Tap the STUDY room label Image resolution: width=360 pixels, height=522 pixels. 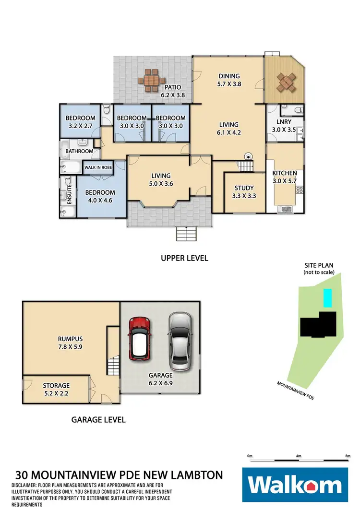(x=244, y=188)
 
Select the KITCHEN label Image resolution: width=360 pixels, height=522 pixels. (x=285, y=173)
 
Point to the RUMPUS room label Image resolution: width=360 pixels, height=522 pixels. (x=71, y=337)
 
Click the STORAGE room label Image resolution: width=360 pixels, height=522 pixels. (x=56, y=385)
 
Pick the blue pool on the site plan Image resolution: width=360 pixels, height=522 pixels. (x=327, y=298)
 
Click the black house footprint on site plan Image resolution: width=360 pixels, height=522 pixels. (x=319, y=324)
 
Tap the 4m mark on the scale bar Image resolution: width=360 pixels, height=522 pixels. (x=299, y=455)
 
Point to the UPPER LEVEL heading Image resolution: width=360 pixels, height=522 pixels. (x=184, y=258)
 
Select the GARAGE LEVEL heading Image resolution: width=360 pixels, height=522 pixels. (x=98, y=419)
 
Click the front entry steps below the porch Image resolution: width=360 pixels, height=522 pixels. (x=187, y=235)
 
